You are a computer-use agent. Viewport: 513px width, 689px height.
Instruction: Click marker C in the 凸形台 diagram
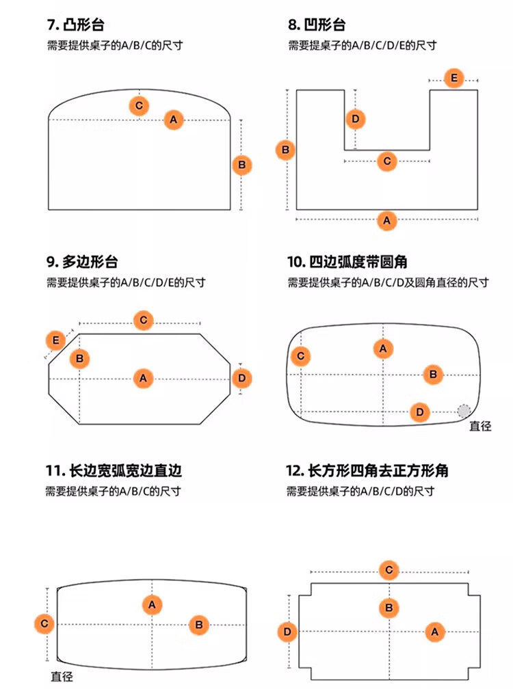point(139,106)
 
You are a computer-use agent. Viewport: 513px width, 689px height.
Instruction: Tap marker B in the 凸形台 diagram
point(242,165)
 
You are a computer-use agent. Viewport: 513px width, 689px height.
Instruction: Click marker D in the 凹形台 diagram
point(354,120)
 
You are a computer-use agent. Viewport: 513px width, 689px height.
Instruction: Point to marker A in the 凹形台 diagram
point(387,221)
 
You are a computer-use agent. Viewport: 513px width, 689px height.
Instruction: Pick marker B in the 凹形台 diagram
point(285,150)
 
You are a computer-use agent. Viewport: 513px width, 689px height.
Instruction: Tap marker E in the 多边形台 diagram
point(55,340)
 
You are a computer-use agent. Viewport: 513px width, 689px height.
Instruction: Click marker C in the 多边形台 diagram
point(143,320)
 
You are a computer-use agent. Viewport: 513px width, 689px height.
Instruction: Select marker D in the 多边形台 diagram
point(242,378)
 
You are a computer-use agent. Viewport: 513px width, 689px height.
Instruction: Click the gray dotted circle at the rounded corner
point(464,411)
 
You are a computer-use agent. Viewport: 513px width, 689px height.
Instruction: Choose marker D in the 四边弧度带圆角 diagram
point(420,411)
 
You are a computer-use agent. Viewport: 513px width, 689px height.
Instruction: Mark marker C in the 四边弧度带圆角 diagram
point(300,356)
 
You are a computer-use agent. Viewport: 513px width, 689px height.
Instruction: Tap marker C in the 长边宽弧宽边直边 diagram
point(44,623)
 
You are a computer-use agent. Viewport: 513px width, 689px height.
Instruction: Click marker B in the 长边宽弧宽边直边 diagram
point(198,623)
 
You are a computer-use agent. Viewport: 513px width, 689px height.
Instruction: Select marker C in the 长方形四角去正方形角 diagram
point(389,570)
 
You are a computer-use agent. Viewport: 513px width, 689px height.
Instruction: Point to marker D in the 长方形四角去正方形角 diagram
point(288,632)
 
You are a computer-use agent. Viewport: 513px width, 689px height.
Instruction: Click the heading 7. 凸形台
point(79,25)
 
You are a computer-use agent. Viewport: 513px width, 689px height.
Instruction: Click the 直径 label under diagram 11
point(62,677)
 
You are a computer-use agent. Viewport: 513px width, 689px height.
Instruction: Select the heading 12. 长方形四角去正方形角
point(367,471)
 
